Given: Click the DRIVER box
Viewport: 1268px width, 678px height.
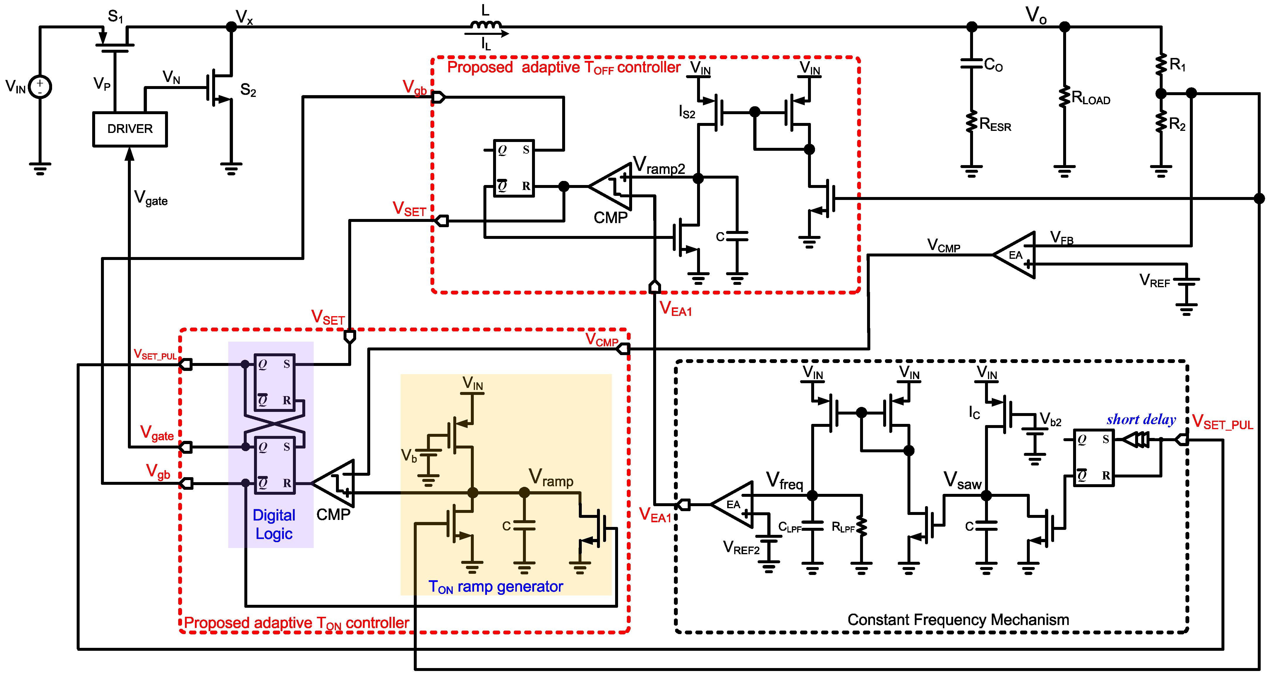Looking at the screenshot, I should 130,129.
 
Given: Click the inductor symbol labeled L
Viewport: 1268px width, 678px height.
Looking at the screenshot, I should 485,25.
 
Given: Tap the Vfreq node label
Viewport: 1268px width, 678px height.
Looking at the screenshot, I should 784,481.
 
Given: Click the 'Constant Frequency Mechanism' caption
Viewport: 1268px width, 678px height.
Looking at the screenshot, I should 958,619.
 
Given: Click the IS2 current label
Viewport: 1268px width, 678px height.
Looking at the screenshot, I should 687,112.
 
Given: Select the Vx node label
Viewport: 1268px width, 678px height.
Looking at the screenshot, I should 244,17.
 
